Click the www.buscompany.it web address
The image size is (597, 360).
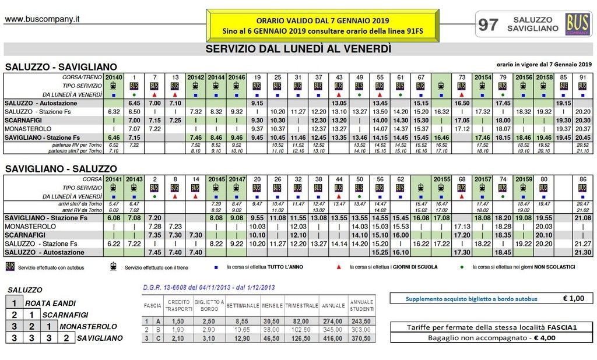coord(43,19)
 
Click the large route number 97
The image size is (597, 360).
coord(488,24)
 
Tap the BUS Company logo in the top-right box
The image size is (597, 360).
coord(578,24)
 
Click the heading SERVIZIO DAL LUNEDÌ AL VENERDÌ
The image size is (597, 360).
coord(298,50)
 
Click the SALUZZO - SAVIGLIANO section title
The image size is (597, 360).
coord(61,67)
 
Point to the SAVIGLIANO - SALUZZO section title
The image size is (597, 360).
coord(61,168)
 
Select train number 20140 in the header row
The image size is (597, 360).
coord(114,77)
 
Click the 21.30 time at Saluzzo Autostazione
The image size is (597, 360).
coord(582,252)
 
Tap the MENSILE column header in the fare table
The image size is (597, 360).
coord(272,305)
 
